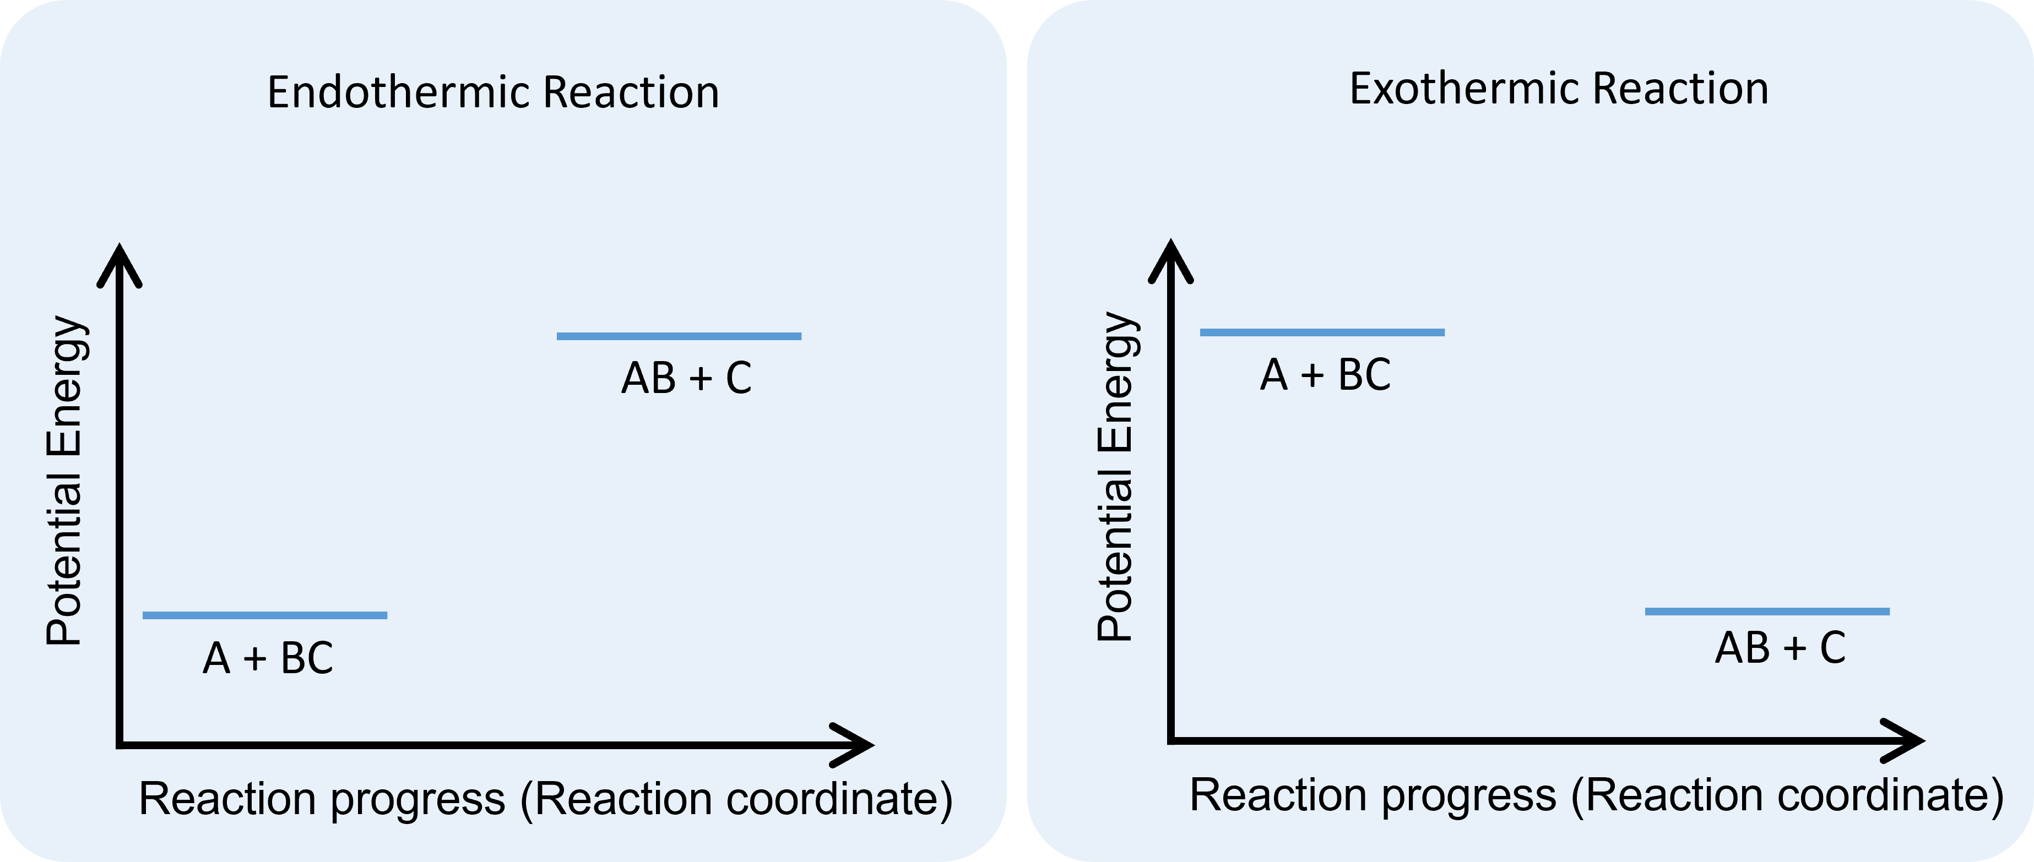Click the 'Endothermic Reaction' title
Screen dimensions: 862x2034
coord(493,92)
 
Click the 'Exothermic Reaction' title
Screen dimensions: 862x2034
coord(1559,89)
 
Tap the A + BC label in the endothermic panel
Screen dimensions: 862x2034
coord(268,658)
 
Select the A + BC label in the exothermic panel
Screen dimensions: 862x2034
coord(1325,374)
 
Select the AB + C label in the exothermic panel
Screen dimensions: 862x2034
coord(1780,648)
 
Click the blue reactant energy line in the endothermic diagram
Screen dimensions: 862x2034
coord(264,615)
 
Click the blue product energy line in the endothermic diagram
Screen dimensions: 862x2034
coord(679,336)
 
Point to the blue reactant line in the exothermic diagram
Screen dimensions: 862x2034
coord(1322,332)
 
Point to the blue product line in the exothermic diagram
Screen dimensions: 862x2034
coord(1767,611)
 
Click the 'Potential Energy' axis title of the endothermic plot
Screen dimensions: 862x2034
coord(65,482)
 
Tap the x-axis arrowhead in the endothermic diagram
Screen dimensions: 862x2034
coord(856,744)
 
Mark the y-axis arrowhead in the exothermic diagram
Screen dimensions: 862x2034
coord(1171,258)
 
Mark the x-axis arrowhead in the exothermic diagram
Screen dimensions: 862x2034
coord(1908,740)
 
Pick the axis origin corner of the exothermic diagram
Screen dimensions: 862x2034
coord(1171,740)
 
